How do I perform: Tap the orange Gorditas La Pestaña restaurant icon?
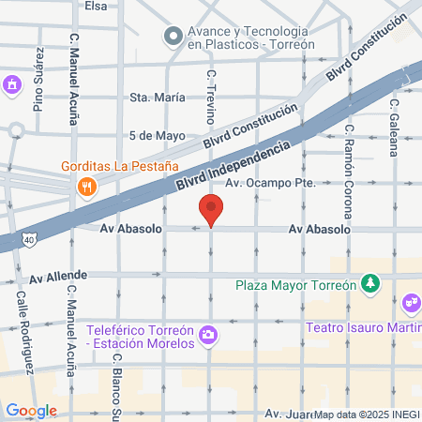(86, 186)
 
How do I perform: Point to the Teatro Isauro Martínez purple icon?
(410, 303)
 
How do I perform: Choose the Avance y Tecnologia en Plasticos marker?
(173, 37)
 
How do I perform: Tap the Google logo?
(30, 410)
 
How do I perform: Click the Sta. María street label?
(153, 97)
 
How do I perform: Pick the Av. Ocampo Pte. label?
(269, 184)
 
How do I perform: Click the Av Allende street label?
(58, 277)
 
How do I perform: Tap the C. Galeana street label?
(395, 123)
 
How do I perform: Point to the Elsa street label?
(96, 6)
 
